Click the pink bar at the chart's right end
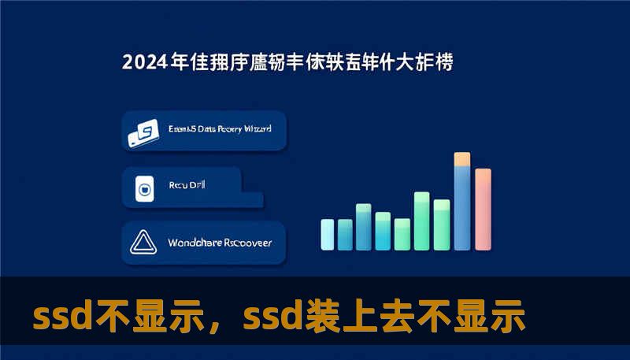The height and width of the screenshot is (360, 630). click(483, 209)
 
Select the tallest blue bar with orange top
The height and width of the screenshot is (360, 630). click(462, 205)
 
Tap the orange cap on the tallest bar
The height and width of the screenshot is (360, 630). click(462, 158)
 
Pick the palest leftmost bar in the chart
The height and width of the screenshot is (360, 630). click(327, 234)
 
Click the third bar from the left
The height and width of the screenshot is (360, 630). click(363, 227)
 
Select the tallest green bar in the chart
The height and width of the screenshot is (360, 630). click(422, 220)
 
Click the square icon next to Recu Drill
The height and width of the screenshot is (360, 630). click(144, 189)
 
